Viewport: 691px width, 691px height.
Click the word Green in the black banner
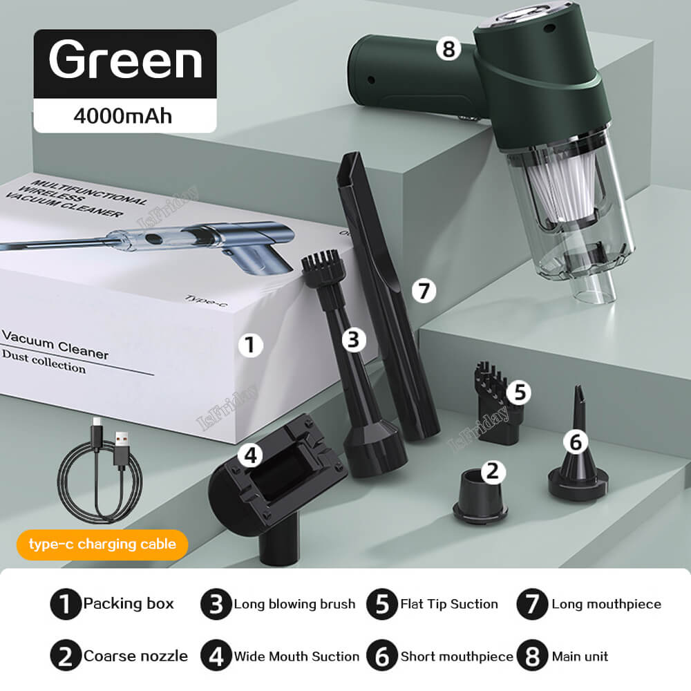click(x=125, y=60)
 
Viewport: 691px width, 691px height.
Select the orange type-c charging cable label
click(x=102, y=544)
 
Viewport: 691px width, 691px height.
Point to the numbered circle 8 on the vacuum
click(x=448, y=50)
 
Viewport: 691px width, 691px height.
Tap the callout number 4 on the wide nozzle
click(x=251, y=454)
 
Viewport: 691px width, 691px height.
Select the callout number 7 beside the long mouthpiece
click(x=424, y=291)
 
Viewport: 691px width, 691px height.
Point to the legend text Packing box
click(x=129, y=604)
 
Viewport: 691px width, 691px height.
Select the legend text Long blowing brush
click(x=294, y=604)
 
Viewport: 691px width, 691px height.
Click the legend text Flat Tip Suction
click(x=449, y=604)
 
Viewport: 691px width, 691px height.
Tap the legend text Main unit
click(x=580, y=656)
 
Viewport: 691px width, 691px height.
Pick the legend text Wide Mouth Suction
click(x=296, y=656)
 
